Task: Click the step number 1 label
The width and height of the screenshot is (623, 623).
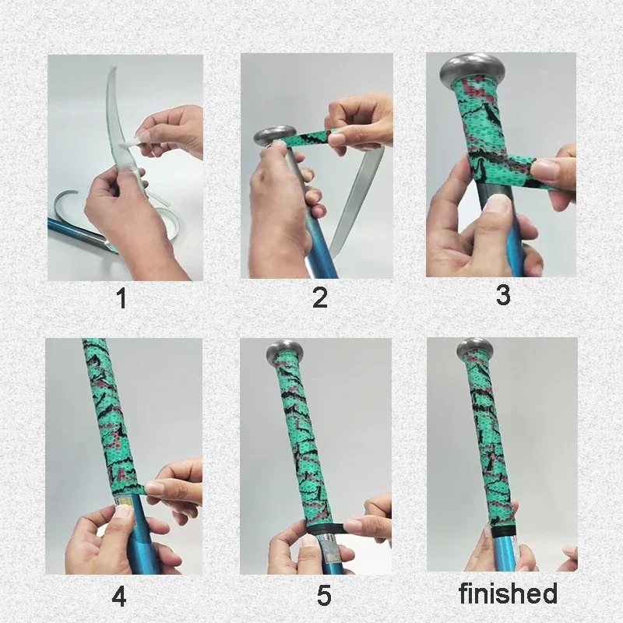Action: [x=121, y=298]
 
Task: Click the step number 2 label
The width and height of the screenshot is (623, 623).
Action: [x=319, y=298]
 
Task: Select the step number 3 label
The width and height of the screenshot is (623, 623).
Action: [x=503, y=295]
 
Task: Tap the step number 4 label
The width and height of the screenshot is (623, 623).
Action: [x=118, y=597]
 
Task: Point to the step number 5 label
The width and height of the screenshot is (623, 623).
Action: [x=324, y=597]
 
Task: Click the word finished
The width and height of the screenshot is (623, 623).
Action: [x=508, y=593]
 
